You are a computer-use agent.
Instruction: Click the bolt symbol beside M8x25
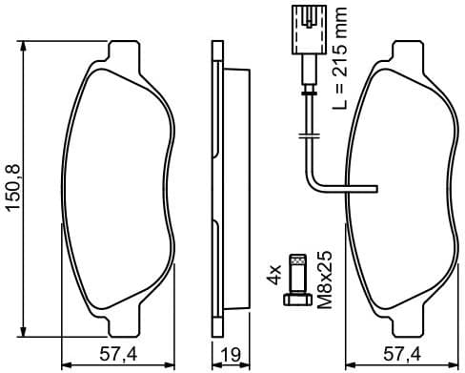pyautogui.click(x=296, y=279)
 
